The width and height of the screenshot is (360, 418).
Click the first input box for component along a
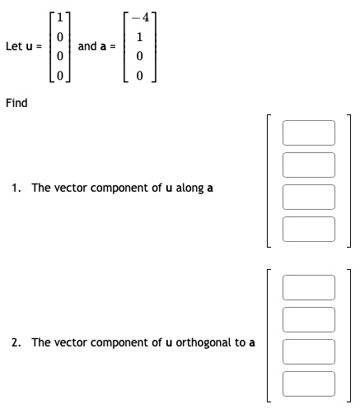[x=309, y=132]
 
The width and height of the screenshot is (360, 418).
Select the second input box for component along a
[x=309, y=165]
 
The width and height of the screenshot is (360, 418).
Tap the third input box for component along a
[x=309, y=197]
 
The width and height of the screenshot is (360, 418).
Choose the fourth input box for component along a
[x=309, y=229]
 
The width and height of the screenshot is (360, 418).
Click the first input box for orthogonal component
[x=309, y=287]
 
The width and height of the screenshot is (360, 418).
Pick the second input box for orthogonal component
[x=309, y=319]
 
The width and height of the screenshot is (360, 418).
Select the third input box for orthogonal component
[x=309, y=351]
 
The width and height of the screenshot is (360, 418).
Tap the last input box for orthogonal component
[x=309, y=383]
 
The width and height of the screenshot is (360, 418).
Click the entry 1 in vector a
[x=141, y=37]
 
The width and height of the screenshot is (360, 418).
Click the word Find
[x=16, y=103]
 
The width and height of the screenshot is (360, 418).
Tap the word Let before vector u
[x=13, y=46]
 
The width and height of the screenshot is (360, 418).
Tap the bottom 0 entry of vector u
[x=58, y=77]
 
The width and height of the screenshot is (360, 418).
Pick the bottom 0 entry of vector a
[x=141, y=77]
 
